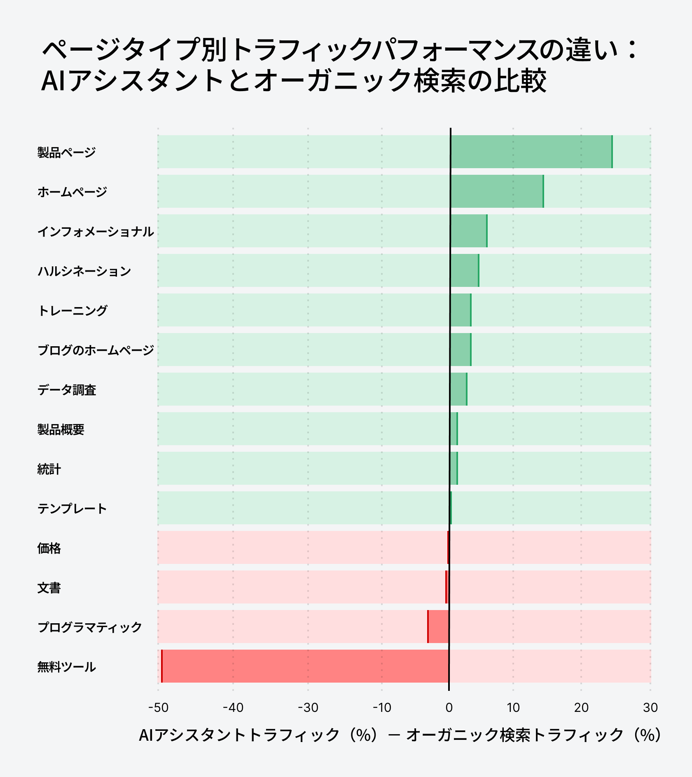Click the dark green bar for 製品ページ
(531, 152)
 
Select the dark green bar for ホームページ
(497, 191)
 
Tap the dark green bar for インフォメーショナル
(469, 231)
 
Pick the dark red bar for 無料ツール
(305, 666)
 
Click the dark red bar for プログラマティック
(439, 627)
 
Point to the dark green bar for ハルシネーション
(465, 270)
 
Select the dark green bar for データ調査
(458, 389)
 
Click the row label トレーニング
(72, 310)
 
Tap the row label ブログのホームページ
(96, 350)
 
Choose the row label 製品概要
(61, 430)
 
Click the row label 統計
(49, 469)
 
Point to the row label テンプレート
(72, 509)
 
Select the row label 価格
(49, 548)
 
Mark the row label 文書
(49, 588)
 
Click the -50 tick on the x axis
(158, 708)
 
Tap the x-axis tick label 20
(581, 708)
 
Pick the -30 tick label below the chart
(308, 708)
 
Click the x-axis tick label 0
(449, 708)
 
